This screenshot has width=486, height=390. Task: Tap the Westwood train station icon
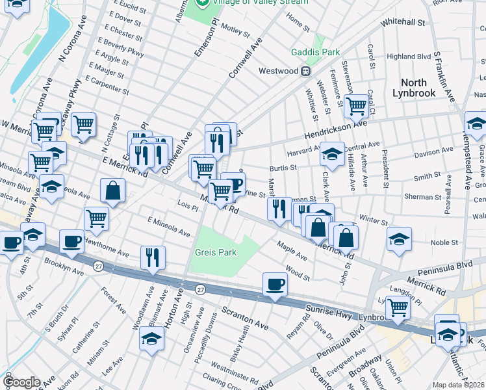click(x=303, y=71)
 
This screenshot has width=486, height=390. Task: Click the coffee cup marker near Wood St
click(x=275, y=285)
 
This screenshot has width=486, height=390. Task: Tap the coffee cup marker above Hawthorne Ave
click(x=71, y=242)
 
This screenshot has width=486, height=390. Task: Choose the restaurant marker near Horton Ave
click(x=153, y=257)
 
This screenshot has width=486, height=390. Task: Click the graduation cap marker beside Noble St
click(x=399, y=239)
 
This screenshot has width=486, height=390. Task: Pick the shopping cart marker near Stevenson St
click(x=355, y=105)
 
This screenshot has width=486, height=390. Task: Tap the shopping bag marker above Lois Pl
click(x=113, y=192)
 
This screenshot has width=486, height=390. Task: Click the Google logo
click(x=21, y=382)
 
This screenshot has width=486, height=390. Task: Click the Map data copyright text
click(x=459, y=385)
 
